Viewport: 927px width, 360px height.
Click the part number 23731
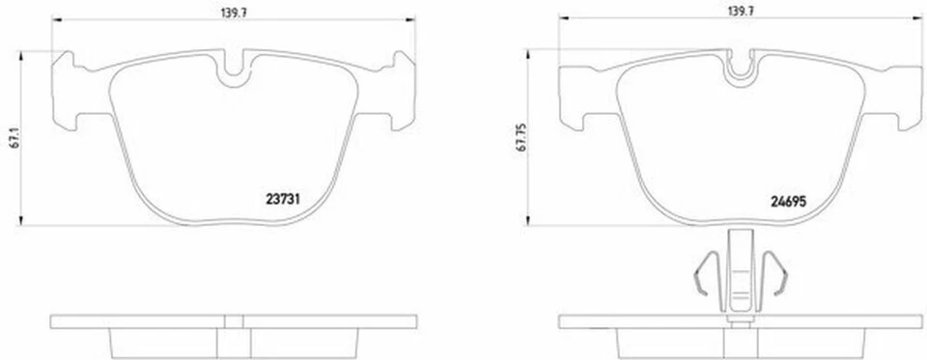point(283,199)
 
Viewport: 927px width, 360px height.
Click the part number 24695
point(789,201)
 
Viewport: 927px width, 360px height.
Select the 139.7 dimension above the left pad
point(234,10)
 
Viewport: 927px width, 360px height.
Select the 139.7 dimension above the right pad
point(742,10)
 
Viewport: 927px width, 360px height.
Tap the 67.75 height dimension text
point(520,138)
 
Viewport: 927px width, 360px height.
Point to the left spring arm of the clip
point(703,272)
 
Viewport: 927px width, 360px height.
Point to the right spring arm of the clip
point(775,272)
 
